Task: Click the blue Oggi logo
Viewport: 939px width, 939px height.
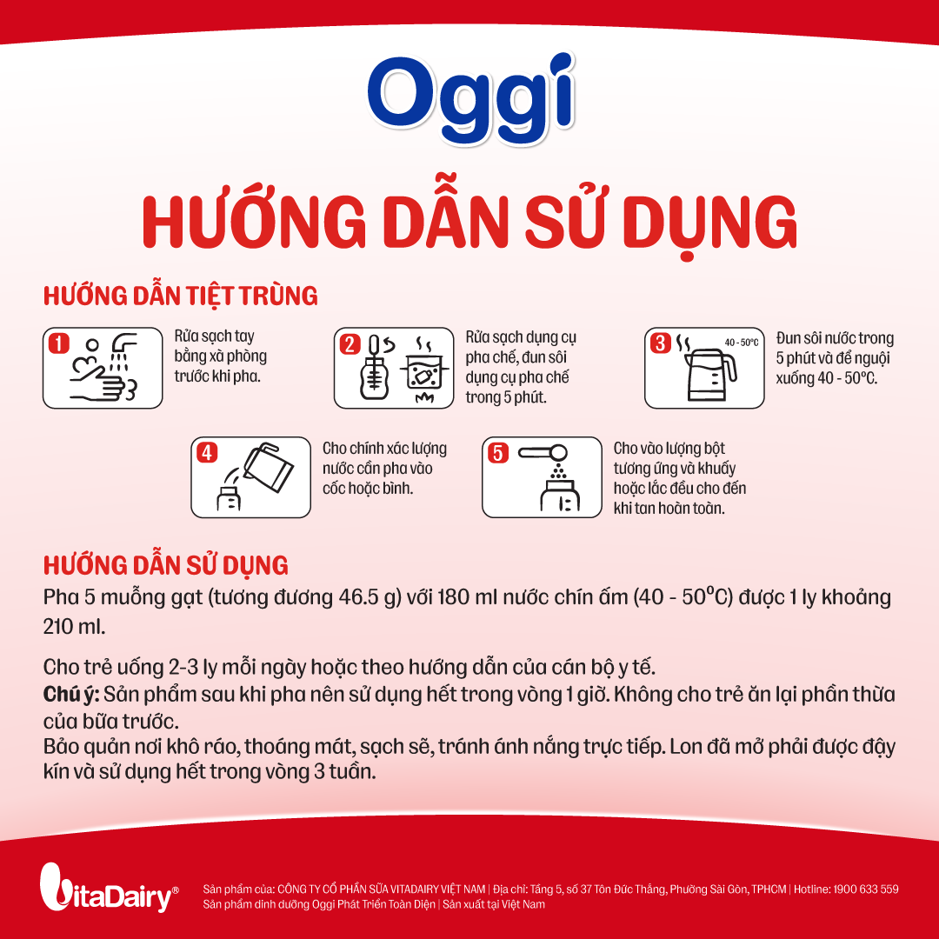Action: click(x=470, y=99)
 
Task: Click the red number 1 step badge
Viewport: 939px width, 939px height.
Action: click(x=59, y=343)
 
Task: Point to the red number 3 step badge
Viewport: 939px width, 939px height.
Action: click(x=660, y=343)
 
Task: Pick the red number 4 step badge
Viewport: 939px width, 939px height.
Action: click(x=207, y=453)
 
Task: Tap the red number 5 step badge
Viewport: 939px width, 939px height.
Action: click(x=497, y=453)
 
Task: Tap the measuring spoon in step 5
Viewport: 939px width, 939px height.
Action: click(x=543, y=453)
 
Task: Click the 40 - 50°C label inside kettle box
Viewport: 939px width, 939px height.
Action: click(x=742, y=343)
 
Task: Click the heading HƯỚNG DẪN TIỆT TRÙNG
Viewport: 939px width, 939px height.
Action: click(x=180, y=296)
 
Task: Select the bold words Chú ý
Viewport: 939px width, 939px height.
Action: click(x=70, y=695)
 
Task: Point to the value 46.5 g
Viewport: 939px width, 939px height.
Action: click(x=370, y=597)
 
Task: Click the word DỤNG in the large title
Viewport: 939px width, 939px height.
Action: click(x=709, y=223)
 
